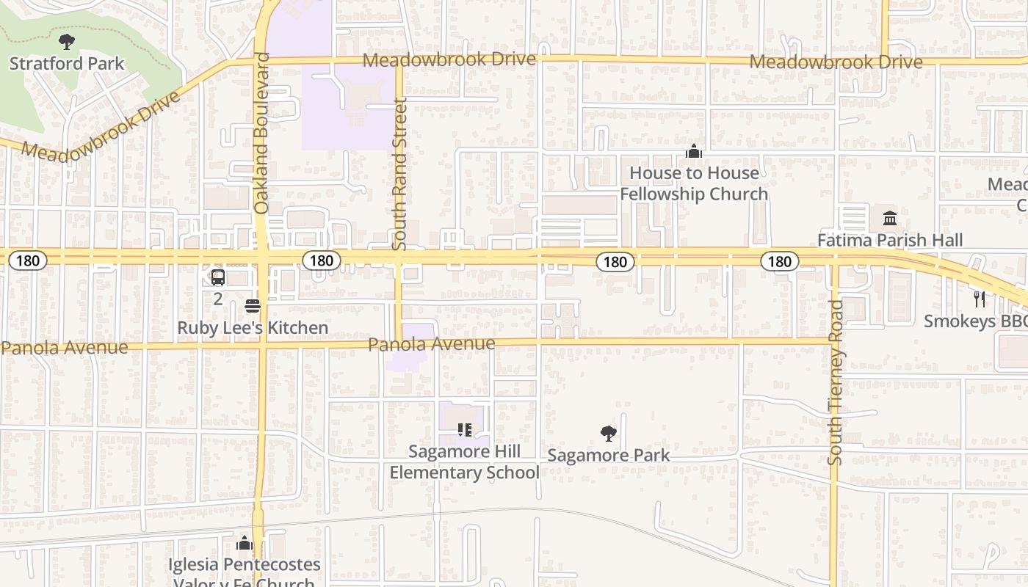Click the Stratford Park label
(67, 64)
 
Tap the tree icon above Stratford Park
(67, 41)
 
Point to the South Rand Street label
(399, 175)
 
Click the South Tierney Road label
(836, 382)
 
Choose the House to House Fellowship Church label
(694, 183)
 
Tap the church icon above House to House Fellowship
(694, 152)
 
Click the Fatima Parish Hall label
(890, 240)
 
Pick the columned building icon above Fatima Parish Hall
(890, 218)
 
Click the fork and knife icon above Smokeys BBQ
(979, 299)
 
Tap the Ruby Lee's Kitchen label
(253, 328)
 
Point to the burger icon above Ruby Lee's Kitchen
(253, 305)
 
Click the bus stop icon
(218, 277)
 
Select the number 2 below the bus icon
(218, 299)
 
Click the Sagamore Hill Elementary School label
(464, 462)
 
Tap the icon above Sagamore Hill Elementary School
(464, 430)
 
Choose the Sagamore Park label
(609, 456)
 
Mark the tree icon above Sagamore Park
(609, 434)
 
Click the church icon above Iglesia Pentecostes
(245, 544)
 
